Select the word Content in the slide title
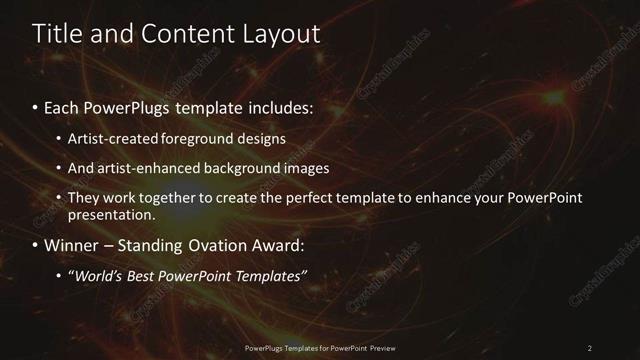(188, 34)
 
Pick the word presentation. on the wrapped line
(112, 214)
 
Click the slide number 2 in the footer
(590, 347)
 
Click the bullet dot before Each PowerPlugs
(36, 107)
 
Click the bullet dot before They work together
(60, 198)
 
